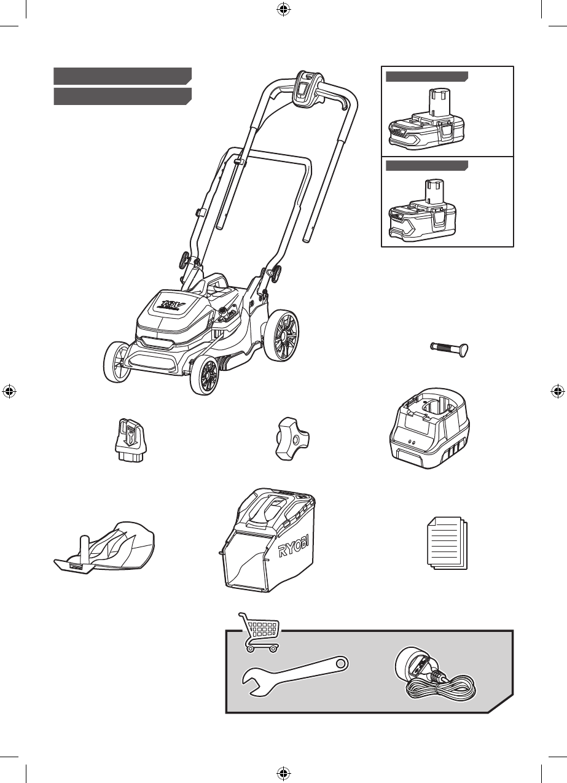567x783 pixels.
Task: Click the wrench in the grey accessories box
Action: coord(295,676)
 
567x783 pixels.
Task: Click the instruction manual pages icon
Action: coord(447,542)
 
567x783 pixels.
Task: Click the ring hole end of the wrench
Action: coord(341,663)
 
